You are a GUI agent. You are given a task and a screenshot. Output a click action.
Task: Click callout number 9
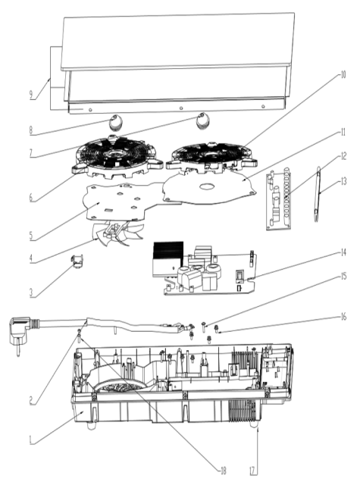[x=31, y=95]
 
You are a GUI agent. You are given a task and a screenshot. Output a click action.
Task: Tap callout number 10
[x=343, y=75]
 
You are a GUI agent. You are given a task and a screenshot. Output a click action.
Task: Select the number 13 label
[x=343, y=181]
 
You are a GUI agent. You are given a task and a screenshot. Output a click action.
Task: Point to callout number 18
[x=223, y=471]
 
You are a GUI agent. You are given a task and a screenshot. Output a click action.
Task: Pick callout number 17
[x=253, y=471]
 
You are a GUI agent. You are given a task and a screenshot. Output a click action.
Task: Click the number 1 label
[x=30, y=440]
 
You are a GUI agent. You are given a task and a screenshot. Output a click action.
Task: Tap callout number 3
[x=31, y=293]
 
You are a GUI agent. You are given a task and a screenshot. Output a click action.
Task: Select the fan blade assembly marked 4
[x=116, y=232]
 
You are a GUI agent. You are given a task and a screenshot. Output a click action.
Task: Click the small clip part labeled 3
[x=77, y=261]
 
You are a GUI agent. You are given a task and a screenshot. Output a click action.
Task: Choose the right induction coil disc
[x=211, y=157]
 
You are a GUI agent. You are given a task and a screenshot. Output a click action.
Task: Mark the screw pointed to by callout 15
[x=204, y=327]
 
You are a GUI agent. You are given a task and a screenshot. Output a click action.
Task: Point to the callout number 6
[x=31, y=197]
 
